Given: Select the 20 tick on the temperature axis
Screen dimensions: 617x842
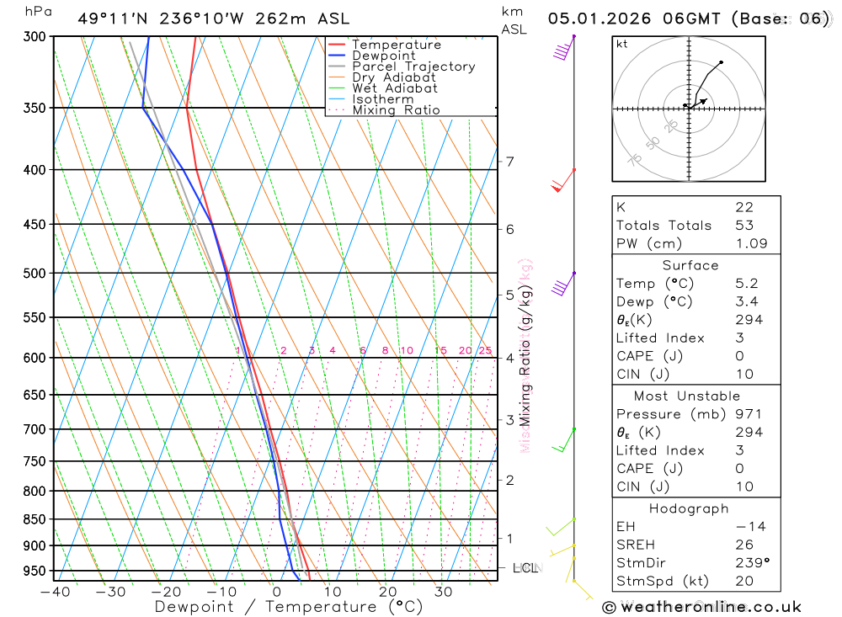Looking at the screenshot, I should coord(387,592).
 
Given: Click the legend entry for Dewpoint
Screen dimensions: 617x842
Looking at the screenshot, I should coord(383,56).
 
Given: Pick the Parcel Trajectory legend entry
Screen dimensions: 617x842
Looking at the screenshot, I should coord(413,66).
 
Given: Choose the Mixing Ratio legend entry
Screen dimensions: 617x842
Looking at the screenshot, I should coord(396,109).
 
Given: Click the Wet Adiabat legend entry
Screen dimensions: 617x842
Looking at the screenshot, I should coord(394,88).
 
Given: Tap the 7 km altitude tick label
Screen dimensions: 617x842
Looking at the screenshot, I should coord(510,162).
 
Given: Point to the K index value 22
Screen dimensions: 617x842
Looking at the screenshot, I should coord(744,207).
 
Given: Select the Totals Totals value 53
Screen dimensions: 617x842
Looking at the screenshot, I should coord(744,226).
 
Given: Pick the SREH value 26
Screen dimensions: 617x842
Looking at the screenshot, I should coord(744,545).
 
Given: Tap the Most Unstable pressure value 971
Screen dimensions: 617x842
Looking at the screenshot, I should coord(749,414).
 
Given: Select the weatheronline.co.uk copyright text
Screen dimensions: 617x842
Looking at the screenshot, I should coord(702,607).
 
